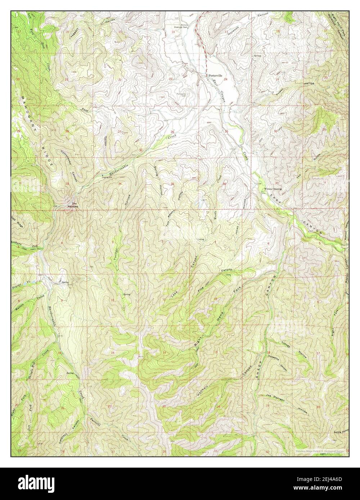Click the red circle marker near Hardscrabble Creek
tap(141, 149)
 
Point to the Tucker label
tap(116, 247)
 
